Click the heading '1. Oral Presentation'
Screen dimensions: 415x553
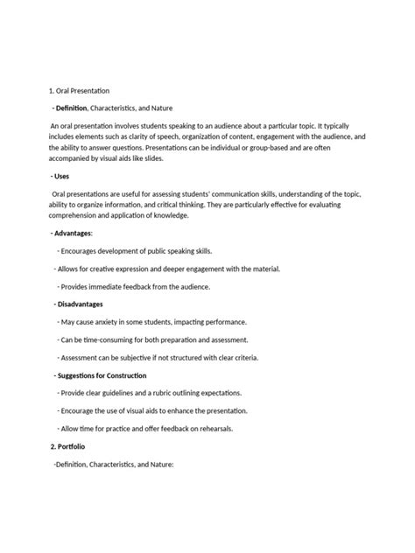(x=79, y=90)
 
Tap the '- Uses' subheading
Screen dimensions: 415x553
(x=64, y=175)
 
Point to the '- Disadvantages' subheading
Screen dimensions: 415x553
(x=77, y=304)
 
